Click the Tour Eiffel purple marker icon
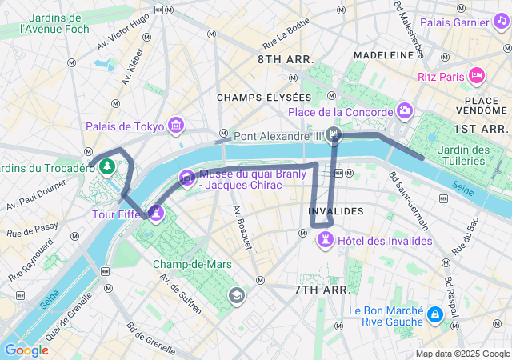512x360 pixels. [x=157, y=213]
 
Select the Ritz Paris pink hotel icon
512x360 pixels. [x=477, y=76]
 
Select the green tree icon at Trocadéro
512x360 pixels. [x=105, y=166]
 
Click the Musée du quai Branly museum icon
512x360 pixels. [x=187, y=178]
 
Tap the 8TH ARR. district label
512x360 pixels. [x=286, y=60]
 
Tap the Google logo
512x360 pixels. [x=26, y=350]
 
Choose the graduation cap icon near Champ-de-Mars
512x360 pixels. [x=236, y=296]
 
